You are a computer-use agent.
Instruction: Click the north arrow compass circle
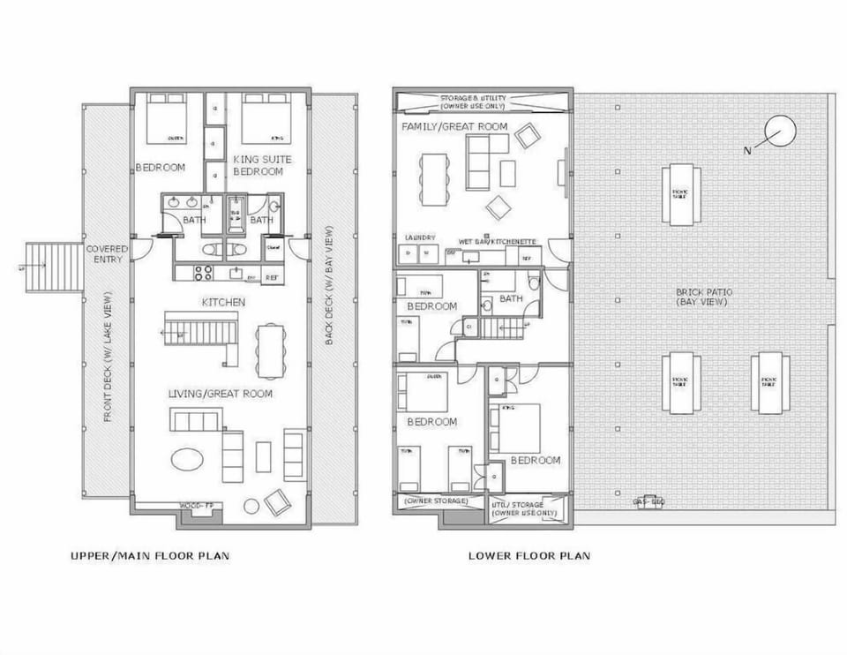(780, 132)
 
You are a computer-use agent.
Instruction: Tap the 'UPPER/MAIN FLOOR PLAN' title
(150, 556)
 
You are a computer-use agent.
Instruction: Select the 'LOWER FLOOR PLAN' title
(529, 556)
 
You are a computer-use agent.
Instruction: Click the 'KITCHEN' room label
(223, 303)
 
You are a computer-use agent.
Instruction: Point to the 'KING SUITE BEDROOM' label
(262, 164)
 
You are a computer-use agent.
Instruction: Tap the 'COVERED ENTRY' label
(107, 254)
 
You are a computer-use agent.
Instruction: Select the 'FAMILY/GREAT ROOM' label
(454, 127)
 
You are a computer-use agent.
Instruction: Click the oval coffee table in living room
(187, 459)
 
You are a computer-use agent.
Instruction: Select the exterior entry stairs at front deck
(53, 267)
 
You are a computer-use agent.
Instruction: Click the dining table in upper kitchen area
(269, 350)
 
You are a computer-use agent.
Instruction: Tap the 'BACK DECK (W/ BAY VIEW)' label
(329, 285)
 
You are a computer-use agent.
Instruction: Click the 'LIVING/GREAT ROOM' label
(221, 394)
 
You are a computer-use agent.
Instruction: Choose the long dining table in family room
(433, 180)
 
